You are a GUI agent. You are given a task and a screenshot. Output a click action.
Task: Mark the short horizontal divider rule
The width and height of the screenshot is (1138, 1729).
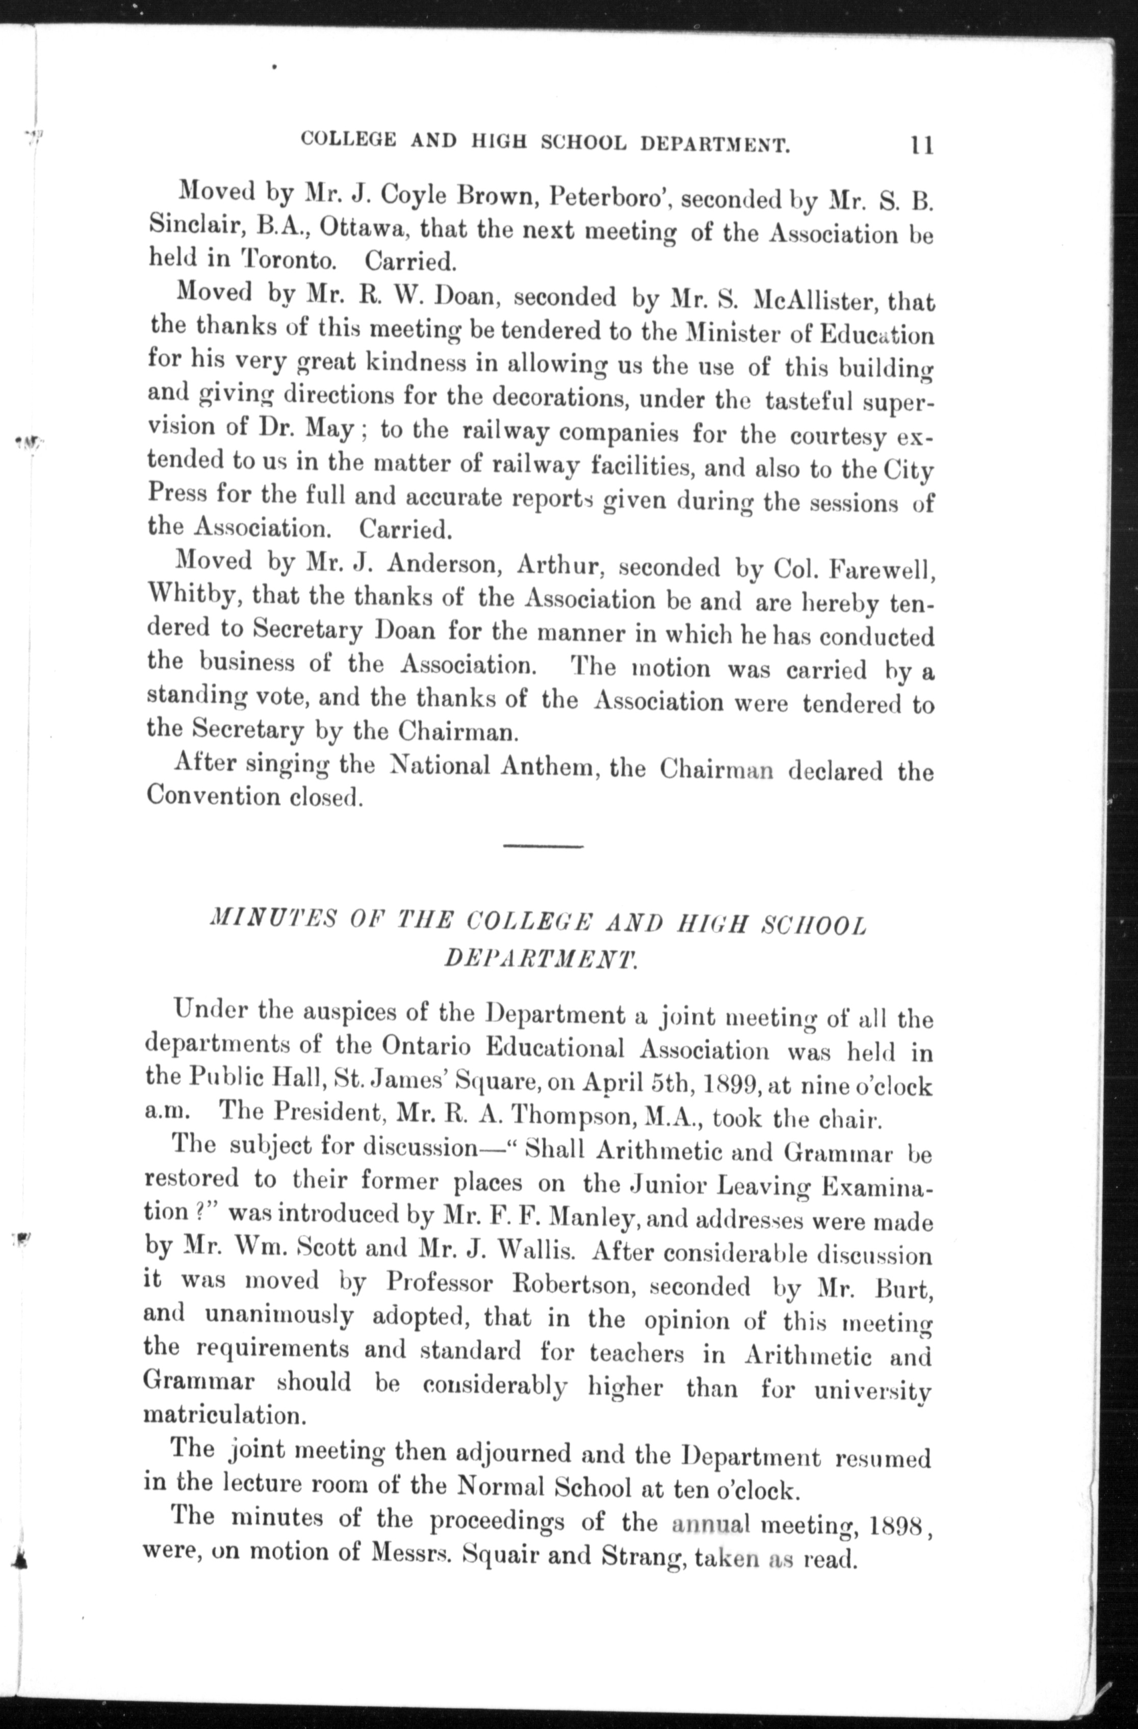coord(543,846)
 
